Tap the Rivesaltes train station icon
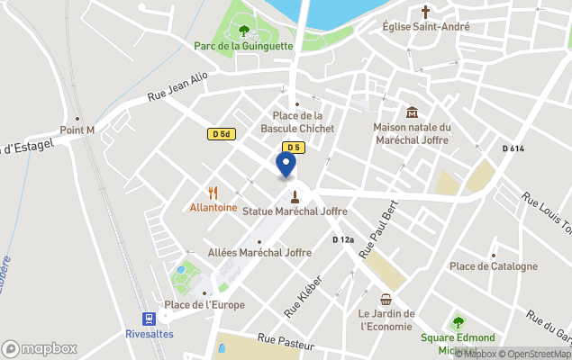tap(147, 318)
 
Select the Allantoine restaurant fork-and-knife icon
tap(213, 193)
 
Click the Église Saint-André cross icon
tap(426, 12)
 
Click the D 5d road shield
tap(221, 134)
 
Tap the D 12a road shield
tap(343, 239)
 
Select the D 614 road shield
tap(513, 148)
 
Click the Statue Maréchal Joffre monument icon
tap(295, 195)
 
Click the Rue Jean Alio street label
tap(177, 88)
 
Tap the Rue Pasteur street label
tap(286, 342)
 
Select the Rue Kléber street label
tap(303, 296)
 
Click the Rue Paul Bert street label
tap(378, 230)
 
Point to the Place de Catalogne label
tap(494, 266)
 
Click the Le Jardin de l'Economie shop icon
tap(386, 299)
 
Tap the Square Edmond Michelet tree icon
tap(458, 322)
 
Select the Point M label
tap(77, 130)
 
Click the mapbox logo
tap(40, 348)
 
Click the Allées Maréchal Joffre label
tap(252, 253)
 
